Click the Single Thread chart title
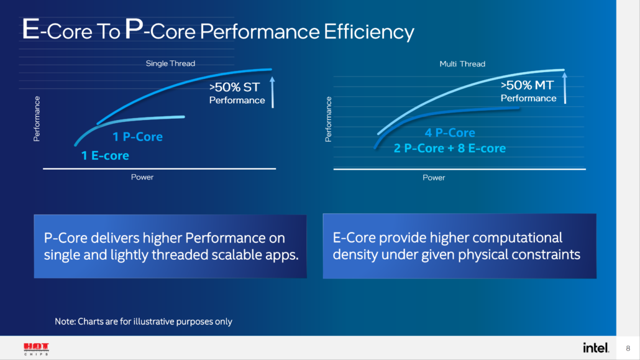170,63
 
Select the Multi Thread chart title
462,64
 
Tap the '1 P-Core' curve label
137,137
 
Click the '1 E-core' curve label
105,155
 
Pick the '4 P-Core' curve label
450,133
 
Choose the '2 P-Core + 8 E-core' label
449,149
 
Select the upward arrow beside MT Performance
565,88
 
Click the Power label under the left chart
142,177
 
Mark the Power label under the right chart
434,178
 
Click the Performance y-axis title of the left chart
37,119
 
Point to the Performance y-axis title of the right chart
329,119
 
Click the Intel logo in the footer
596,348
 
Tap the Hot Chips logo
36,348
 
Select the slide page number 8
628,348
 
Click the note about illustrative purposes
144,321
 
